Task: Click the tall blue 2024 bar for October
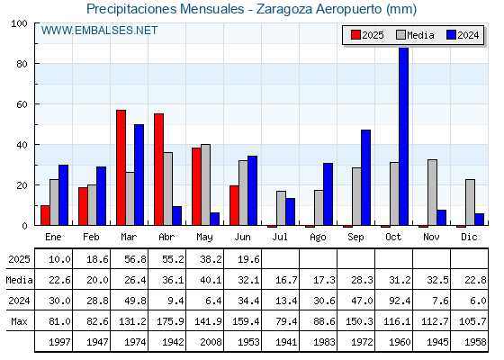coord(404,136)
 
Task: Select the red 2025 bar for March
coord(121,167)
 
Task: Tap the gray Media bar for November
coord(432,193)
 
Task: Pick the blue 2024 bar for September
coord(365,177)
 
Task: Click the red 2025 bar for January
coord(45,215)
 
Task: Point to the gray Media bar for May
coord(206,184)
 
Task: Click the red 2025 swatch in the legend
coord(355,35)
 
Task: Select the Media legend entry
coord(415,35)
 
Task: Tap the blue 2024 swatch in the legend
coord(451,35)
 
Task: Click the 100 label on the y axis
coord(19,23)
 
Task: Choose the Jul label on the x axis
coord(280,237)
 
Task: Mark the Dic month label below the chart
coord(469,237)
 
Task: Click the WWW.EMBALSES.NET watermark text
coord(99,31)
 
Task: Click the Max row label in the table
coord(19,321)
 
